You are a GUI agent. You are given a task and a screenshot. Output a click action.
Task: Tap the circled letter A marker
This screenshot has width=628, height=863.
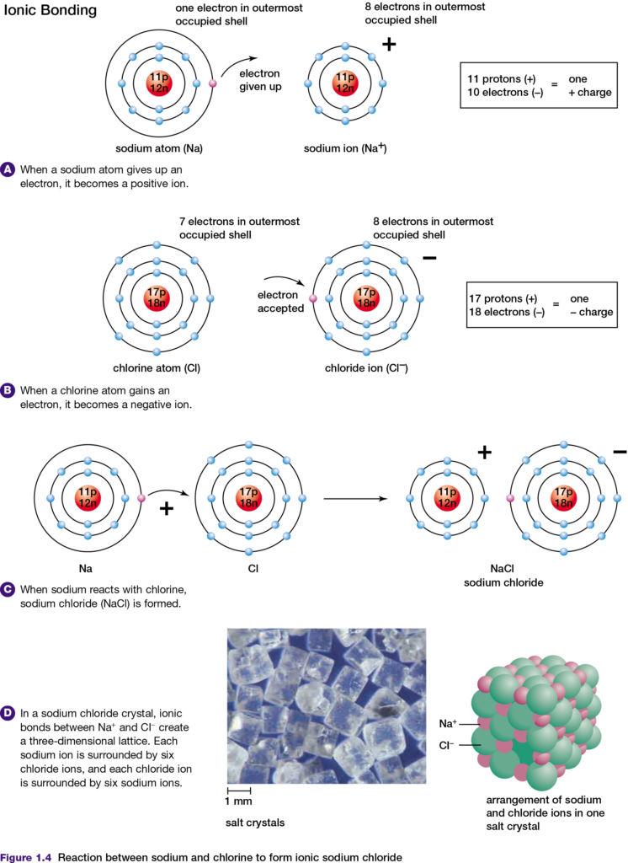coord(8,169)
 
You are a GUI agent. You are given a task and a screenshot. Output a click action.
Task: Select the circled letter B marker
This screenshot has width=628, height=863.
coord(8,390)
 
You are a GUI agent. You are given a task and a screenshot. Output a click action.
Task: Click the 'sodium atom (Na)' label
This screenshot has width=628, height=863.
coord(158,148)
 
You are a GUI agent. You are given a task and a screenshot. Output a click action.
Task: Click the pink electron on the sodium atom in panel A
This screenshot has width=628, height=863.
coord(212,84)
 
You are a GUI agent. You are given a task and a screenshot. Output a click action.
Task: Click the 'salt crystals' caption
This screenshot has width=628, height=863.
coord(250,821)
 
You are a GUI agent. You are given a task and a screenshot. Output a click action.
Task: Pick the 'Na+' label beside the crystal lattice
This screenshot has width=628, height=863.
coord(448,723)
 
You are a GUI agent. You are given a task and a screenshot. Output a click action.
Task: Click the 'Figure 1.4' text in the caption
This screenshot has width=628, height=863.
coord(27,856)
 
